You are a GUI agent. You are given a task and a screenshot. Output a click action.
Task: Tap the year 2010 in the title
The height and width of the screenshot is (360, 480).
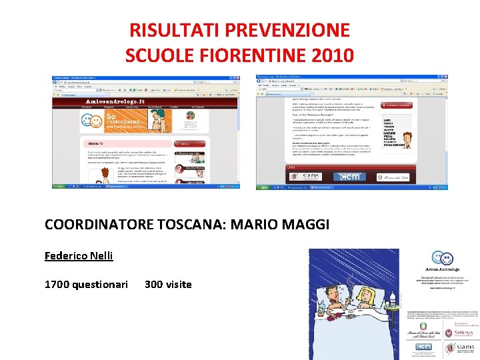331,55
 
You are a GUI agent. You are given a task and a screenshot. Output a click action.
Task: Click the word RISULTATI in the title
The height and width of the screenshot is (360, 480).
173,31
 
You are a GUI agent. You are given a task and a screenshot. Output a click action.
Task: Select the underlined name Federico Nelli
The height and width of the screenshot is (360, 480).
79,255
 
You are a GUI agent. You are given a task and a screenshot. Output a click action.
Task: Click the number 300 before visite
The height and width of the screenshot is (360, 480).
153,285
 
